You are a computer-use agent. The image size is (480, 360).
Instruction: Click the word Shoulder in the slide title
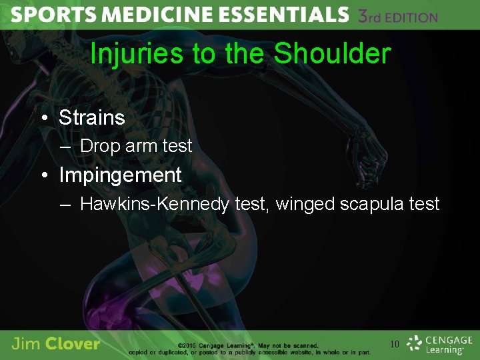[332, 54]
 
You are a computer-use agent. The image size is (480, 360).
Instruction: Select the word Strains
[92, 118]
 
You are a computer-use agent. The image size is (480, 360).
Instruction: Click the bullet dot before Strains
[43, 118]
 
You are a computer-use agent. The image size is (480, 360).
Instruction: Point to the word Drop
[99, 146]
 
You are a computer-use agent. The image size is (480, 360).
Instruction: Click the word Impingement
[120, 175]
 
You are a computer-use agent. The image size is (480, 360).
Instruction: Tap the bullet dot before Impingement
[43, 175]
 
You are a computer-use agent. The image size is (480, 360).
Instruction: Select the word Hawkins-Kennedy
[155, 204]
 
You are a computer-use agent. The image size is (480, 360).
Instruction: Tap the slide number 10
[395, 344]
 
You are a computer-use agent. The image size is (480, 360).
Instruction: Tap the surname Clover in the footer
[74, 344]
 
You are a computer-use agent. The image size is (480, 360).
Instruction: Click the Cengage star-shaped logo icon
[415, 343]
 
